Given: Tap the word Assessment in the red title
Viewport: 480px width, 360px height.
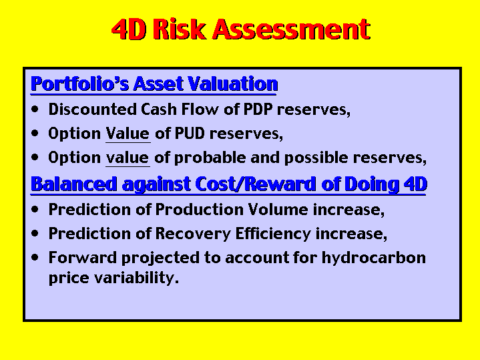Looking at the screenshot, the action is pyautogui.click(x=292, y=29).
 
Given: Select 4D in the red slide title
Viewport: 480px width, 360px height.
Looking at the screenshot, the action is pyautogui.click(x=129, y=29).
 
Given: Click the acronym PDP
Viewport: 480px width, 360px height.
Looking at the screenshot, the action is pyautogui.click(x=258, y=109).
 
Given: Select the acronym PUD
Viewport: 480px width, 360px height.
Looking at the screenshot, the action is pyautogui.click(x=189, y=134).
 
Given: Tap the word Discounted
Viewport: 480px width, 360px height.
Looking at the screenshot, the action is pyautogui.click(x=92, y=109).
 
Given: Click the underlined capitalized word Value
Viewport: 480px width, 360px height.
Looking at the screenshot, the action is pyautogui.click(x=128, y=134).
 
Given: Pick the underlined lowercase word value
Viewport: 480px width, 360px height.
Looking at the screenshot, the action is pyautogui.click(x=128, y=158).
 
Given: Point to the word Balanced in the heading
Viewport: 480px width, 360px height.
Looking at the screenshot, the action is pyautogui.click(x=74, y=184).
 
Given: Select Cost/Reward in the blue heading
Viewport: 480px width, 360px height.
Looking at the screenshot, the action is pyautogui.click(x=255, y=184).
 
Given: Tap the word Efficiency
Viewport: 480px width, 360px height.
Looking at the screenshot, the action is pyautogui.click(x=273, y=234).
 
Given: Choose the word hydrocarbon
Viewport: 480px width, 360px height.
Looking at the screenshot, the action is pyautogui.click(x=373, y=258).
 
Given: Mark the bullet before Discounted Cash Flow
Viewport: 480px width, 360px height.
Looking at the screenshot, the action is pyautogui.click(x=35, y=109).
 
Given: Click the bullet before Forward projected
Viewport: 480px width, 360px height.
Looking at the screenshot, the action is pyautogui.click(x=35, y=257).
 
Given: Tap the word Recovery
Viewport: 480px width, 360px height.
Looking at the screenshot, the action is pyautogui.click(x=193, y=234).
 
